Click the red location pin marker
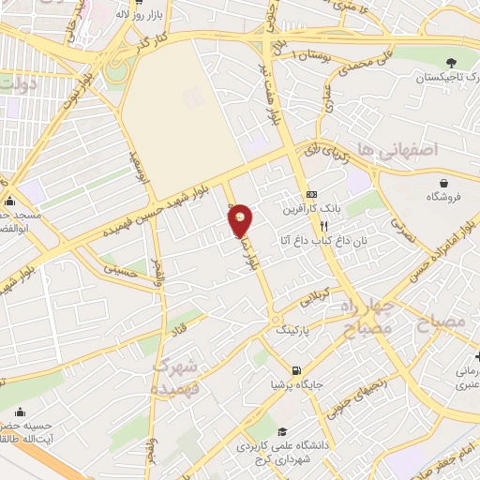point(241,219)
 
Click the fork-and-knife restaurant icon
point(323,226)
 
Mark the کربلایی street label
point(313,299)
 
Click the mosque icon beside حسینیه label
point(21,411)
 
